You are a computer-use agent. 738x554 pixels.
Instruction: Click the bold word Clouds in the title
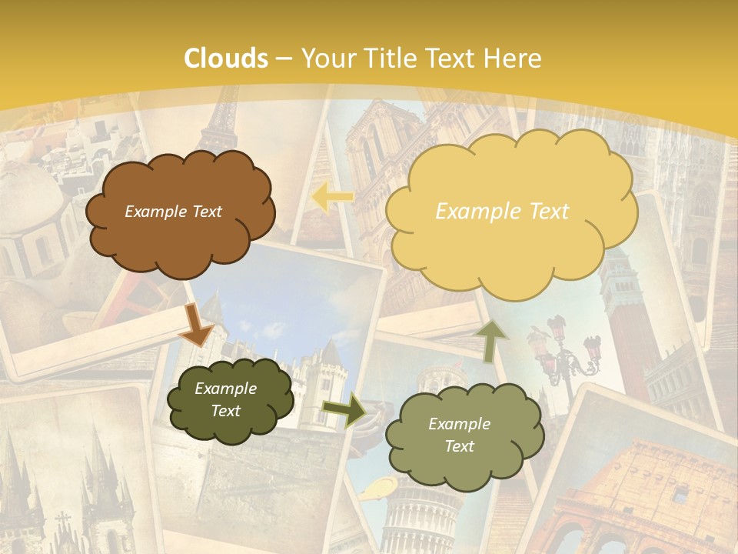click(226, 58)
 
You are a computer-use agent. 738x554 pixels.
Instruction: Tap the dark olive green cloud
click(230, 400)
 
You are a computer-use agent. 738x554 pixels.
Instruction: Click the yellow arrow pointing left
click(331, 197)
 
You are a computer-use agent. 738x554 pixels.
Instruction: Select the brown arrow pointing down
click(195, 324)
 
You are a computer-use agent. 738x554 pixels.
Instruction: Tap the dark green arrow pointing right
click(344, 410)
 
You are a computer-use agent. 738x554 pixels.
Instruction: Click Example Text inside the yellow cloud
click(502, 212)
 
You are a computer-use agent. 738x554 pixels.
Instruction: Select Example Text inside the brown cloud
click(173, 212)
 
